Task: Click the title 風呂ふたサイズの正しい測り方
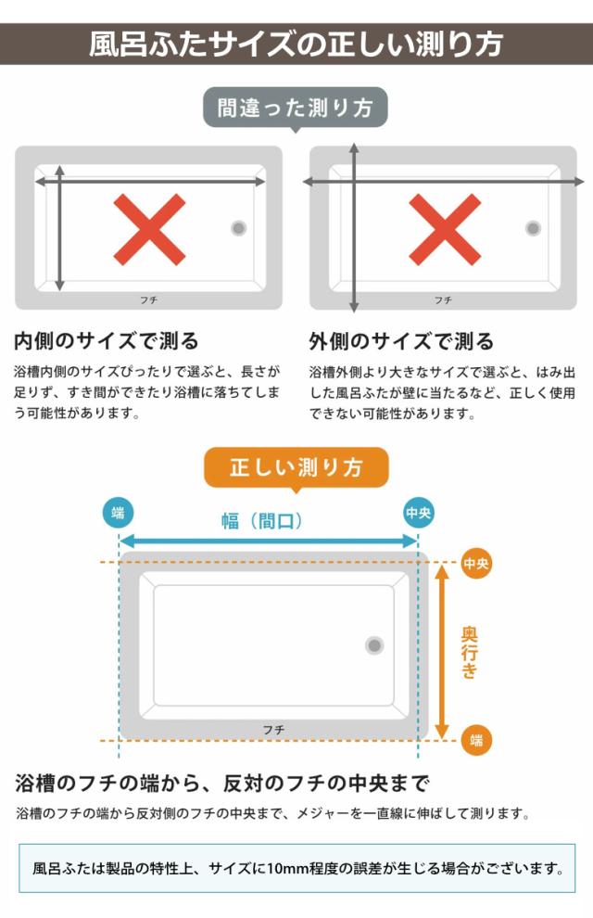[x=296, y=44]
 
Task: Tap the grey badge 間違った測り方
[x=296, y=108]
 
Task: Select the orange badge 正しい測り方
[x=296, y=467]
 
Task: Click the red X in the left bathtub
[x=149, y=228]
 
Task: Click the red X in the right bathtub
[x=444, y=228]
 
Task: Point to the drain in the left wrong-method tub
[x=239, y=228]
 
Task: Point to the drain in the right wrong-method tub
[x=533, y=228]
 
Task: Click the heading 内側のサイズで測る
[x=107, y=341]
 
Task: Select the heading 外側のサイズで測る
[x=401, y=341]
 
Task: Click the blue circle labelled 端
[x=118, y=512]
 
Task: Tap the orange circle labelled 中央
[x=476, y=563]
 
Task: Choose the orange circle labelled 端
[x=476, y=740]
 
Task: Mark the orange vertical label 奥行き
[x=470, y=652]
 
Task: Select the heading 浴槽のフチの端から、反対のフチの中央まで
[x=222, y=784]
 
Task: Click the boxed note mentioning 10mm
[x=296, y=868]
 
